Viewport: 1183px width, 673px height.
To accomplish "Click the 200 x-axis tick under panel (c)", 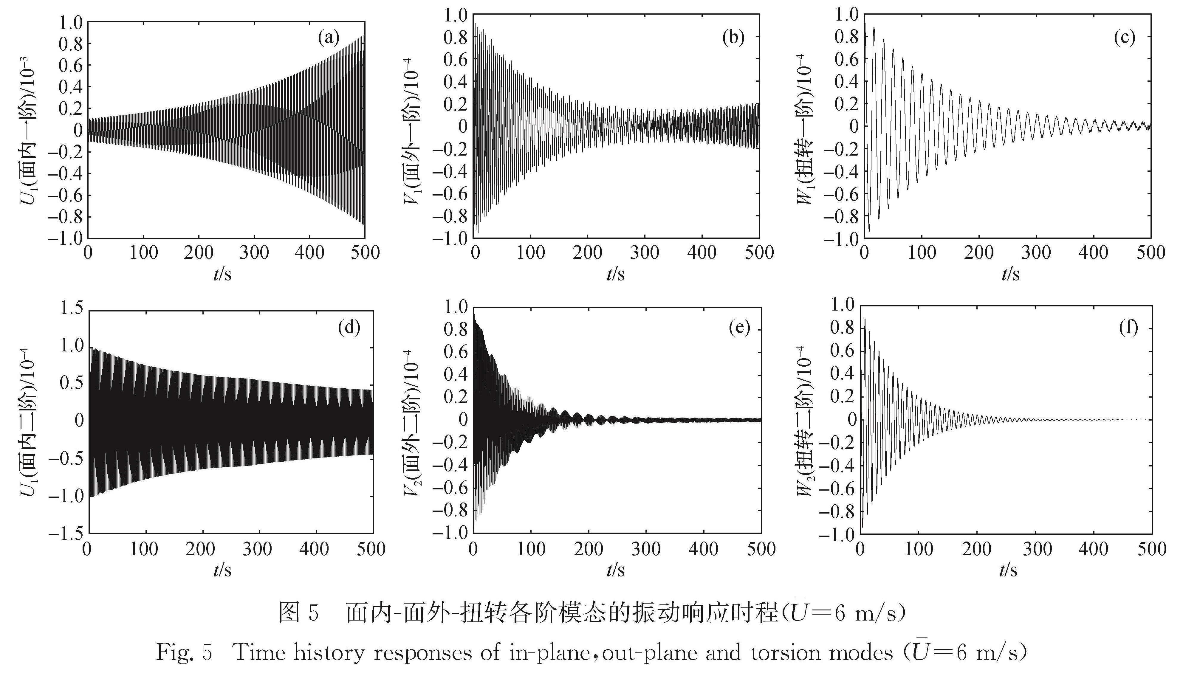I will click(979, 253).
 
